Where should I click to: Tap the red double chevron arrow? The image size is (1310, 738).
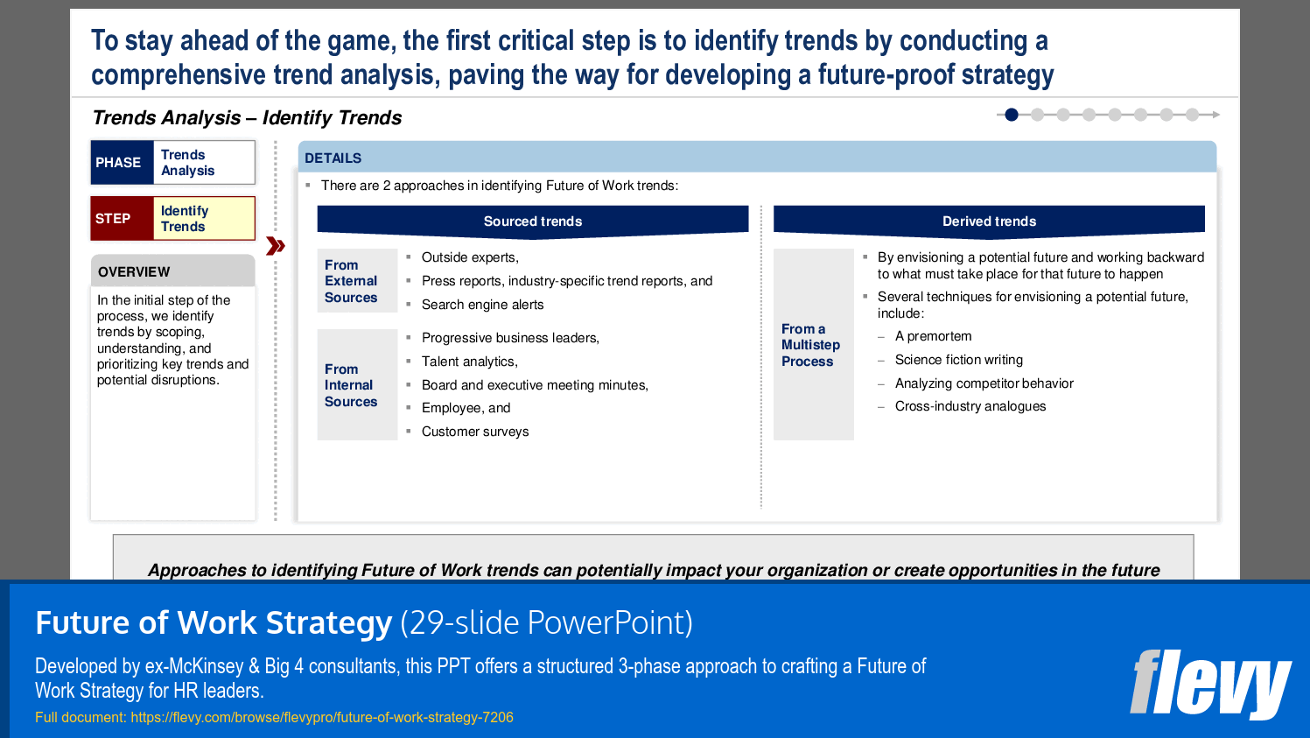coord(276,246)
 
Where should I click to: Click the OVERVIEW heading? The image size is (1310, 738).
coord(134,272)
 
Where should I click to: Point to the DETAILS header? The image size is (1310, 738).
coord(333,158)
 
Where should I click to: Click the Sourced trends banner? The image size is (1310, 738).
coord(532,221)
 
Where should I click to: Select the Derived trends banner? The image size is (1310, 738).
coord(989,221)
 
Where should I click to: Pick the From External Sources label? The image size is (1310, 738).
coord(351,281)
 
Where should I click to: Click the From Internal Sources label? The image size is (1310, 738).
coord(351,385)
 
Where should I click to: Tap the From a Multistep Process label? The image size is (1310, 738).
coord(810,345)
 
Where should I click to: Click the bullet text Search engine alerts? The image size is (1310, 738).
coord(482,305)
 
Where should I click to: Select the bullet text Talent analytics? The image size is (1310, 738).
coord(469,362)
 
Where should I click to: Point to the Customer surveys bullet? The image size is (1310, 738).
coord(475,432)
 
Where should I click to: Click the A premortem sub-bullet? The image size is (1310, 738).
coord(933,336)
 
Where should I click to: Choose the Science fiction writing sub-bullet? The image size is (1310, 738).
coord(958,360)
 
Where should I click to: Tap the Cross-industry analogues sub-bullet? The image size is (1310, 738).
coord(970,406)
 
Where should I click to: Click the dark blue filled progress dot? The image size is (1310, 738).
coord(1012,115)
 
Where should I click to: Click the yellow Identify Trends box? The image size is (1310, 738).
coord(204,219)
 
